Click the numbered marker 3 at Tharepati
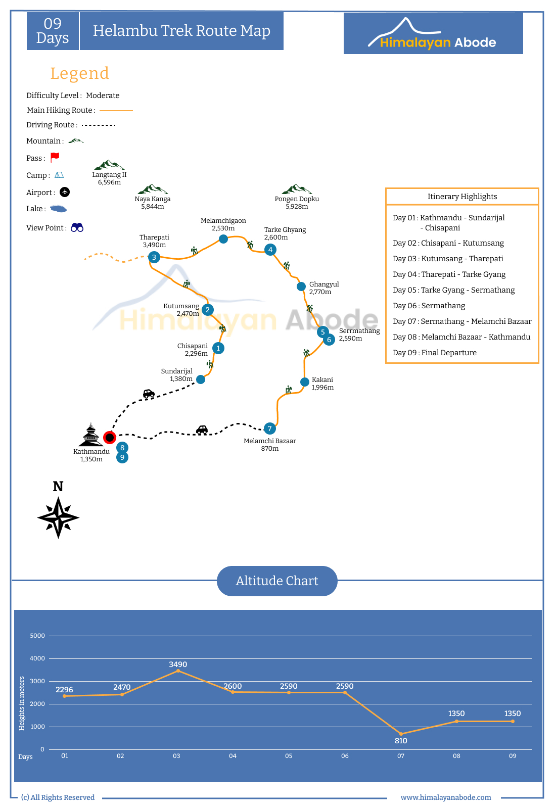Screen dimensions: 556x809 154,257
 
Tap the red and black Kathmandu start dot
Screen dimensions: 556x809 110,438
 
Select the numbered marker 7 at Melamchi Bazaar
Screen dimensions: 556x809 269,429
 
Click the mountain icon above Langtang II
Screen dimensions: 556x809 109,165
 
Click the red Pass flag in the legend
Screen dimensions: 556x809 55,157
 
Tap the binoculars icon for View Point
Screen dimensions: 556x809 77,227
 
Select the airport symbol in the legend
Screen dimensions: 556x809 65,192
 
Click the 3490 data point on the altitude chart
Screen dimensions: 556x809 178,671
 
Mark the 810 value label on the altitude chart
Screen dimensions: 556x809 401,741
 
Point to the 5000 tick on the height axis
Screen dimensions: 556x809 37,636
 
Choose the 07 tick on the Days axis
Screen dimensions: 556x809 401,756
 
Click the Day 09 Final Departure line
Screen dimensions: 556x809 434,353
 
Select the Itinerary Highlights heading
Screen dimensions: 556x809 462,197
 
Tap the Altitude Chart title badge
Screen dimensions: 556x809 277,581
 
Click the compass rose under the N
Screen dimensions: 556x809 58,517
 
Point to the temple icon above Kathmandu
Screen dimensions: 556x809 90,435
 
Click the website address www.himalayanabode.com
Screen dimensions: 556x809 446,797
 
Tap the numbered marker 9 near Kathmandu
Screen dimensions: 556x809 122,457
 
